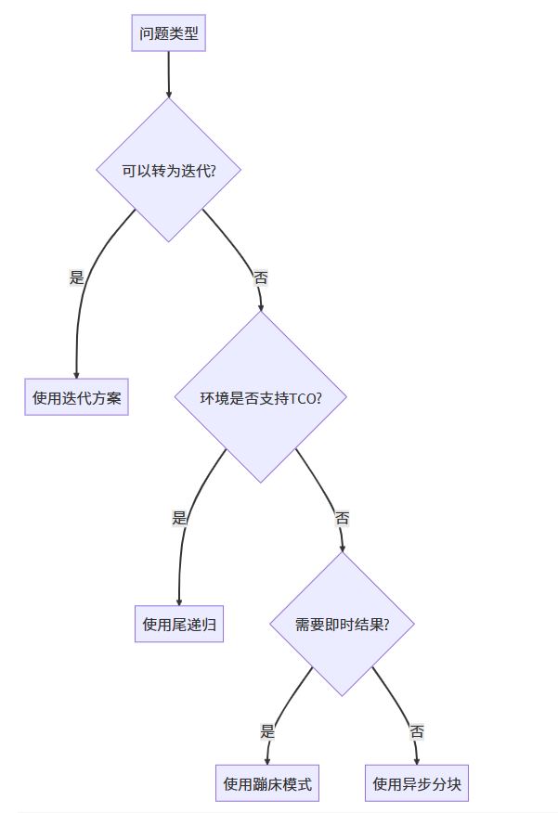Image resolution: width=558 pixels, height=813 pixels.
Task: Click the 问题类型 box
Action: (x=168, y=34)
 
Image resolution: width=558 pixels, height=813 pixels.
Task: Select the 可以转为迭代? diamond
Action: (x=168, y=171)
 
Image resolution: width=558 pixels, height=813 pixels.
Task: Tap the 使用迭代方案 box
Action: (x=76, y=398)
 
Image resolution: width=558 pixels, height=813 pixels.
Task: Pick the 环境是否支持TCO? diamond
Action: (x=261, y=398)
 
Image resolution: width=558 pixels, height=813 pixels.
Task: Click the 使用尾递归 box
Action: (x=179, y=625)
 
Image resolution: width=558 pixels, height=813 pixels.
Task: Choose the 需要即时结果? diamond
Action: (x=342, y=625)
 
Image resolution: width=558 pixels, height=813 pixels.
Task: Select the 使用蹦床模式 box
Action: (x=267, y=783)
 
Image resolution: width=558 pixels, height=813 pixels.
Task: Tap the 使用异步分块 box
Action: (x=417, y=783)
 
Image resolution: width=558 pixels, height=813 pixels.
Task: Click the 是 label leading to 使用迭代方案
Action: (x=77, y=277)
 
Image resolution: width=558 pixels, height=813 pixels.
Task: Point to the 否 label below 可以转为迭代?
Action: (x=261, y=277)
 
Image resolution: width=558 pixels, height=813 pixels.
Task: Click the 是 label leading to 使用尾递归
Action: (x=179, y=518)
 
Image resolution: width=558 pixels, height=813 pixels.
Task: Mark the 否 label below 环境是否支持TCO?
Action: (x=342, y=518)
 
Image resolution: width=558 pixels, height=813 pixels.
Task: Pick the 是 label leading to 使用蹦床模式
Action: (x=267, y=731)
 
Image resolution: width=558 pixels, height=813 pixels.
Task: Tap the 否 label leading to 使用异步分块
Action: (x=417, y=731)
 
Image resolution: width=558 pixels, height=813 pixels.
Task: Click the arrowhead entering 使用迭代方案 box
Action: (x=76, y=375)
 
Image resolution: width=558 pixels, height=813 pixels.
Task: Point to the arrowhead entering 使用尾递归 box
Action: (x=179, y=601)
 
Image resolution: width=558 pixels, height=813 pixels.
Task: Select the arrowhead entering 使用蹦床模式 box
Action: (x=267, y=760)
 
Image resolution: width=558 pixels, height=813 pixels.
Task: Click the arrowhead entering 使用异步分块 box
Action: (x=417, y=760)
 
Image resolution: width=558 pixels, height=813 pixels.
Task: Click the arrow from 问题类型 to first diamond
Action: (x=169, y=74)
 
